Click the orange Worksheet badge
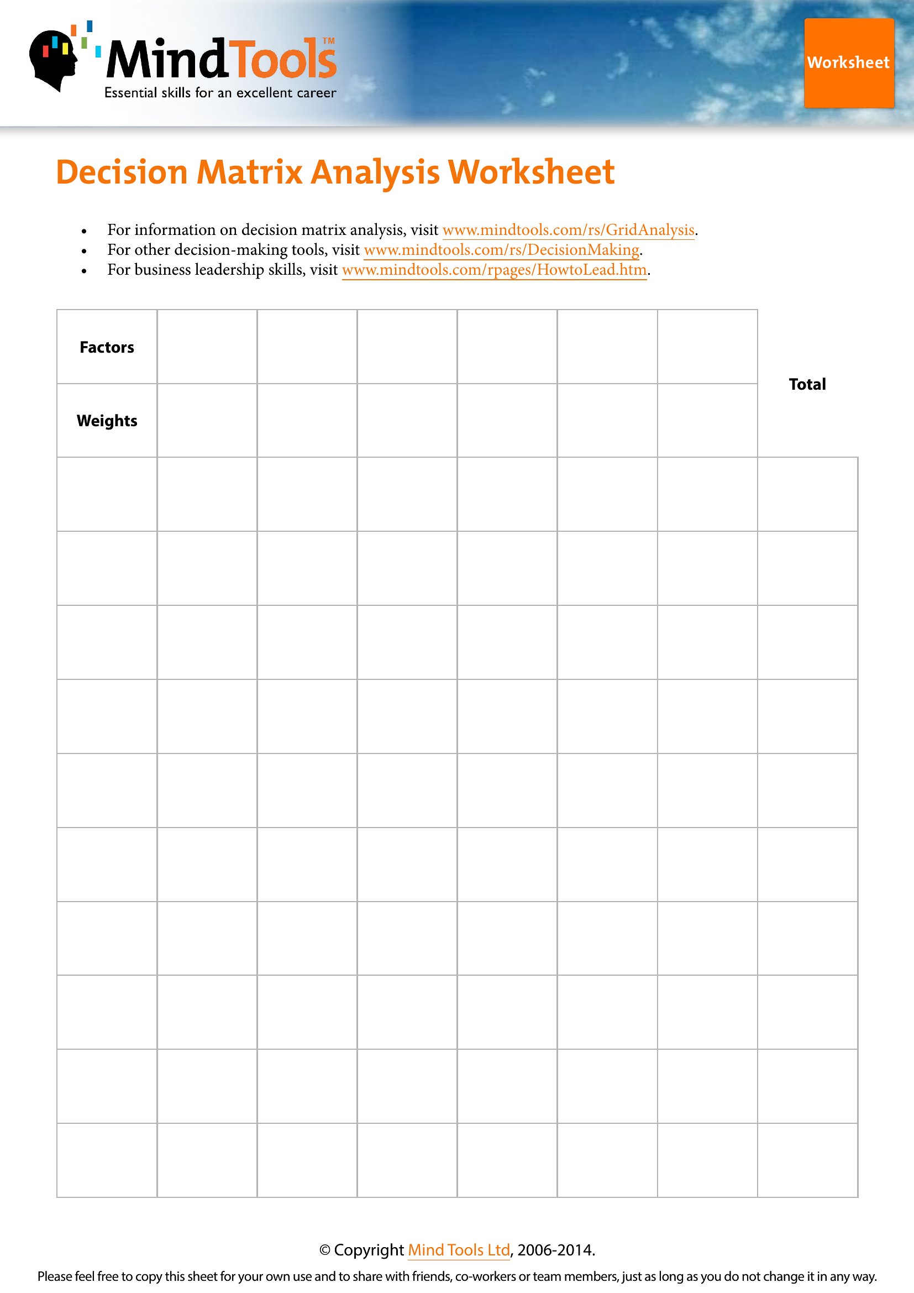click(848, 63)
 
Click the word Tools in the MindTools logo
click(282, 60)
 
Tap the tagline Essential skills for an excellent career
click(220, 93)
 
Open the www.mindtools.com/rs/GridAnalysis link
click(568, 230)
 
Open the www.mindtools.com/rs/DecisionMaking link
click(501, 249)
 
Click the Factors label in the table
click(107, 348)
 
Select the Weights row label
click(107, 421)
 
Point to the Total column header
click(806, 384)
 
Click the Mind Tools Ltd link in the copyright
click(458, 1250)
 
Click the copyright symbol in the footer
click(325, 1250)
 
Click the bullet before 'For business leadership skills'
click(84, 271)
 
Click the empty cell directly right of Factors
click(207, 347)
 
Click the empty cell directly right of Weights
click(207, 421)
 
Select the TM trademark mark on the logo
click(329, 40)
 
